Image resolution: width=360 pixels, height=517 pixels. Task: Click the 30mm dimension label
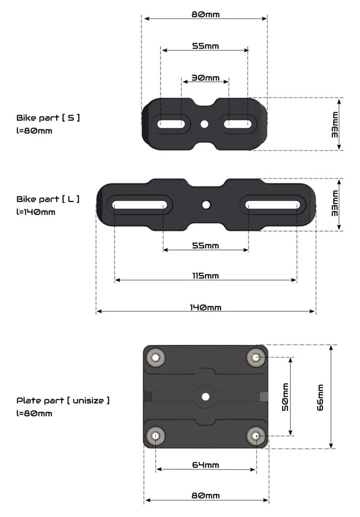tap(206, 78)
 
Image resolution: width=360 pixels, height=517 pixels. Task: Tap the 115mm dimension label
tap(206, 276)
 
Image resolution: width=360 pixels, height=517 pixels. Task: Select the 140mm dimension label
tap(206, 307)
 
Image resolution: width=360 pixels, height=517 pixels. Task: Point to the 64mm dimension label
tap(206, 465)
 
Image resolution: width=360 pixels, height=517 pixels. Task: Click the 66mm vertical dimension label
tap(320, 397)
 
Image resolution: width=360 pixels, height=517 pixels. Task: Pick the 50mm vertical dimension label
tap(285, 397)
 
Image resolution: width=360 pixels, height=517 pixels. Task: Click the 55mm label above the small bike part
tap(206, 46)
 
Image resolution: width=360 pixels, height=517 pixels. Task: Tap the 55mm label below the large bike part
tap(206, 246)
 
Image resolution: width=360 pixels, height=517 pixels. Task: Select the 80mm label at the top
tap(206, 14)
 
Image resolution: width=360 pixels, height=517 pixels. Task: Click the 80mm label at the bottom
tap(206, 496)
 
